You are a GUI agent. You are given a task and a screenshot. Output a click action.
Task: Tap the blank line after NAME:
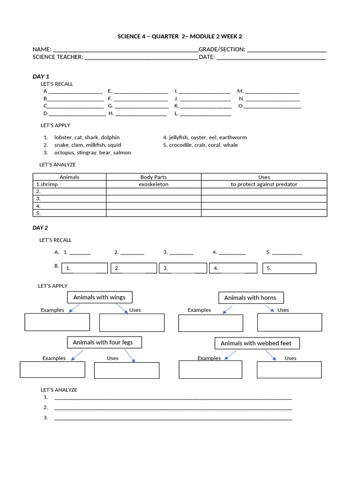pyautogui.click(x=126, y=50)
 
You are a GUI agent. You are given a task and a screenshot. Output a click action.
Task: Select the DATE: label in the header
pyautogui.click(x=207, y=57)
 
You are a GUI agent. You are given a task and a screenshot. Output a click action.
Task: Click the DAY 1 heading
pyautogui.click(x=41, y=76)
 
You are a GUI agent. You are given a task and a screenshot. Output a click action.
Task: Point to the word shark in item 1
pyautogui.click(x=91, y=137)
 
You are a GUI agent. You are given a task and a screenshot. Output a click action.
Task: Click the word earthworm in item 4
pyautogui.click(x=233, y=137)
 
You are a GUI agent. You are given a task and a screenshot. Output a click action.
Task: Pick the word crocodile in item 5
pyautogui.click(x=180, y=145)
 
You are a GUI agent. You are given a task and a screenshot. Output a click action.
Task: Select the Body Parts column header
pyautogui.click(x=153, y=177)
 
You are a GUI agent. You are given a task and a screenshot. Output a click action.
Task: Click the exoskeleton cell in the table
pyautogui.click(x=153, y=184)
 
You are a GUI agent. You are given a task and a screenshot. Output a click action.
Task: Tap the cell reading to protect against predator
pyautogui.click(x=264, y=184)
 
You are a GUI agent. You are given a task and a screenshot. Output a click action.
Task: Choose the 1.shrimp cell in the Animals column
pyautogui.click(x=69, y=184)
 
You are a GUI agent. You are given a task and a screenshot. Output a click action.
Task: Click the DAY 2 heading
pyautogui.click(x=40, y=228)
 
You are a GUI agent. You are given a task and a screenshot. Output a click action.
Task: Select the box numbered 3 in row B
pyautogui.click(x=183, y=268)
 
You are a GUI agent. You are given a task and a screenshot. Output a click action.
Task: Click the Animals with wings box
pyautogui.click(x=99, y=297)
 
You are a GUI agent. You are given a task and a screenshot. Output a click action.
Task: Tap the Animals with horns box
pyautogui.click(x=250, y=298)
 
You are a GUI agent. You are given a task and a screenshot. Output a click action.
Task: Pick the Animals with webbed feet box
pyautogui.click(x=256, y=343)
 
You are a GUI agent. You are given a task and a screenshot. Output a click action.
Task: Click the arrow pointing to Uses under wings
pyautogui.click(x=122, y=308)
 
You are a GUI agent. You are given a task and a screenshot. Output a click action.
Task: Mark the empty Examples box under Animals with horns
pyautogui.click(x=210, y=323)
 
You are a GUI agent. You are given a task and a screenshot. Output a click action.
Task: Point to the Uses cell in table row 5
pyautogui.click(x=264, y=213)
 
